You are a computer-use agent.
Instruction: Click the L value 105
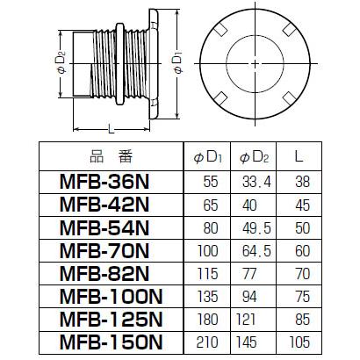(x=301, y=341)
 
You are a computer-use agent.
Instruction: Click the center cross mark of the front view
(x=255, y=65)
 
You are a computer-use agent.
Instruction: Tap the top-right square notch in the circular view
(x=287, y=34)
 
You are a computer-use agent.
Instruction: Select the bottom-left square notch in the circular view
(x=222, y=97)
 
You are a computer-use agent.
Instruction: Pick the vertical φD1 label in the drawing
(x=178, y=66)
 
